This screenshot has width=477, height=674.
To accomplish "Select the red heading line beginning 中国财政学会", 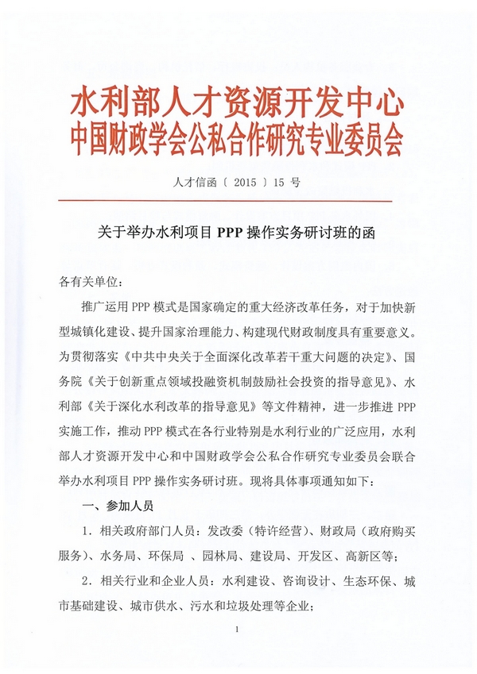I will pyautogui.click(x=238, y=143).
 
